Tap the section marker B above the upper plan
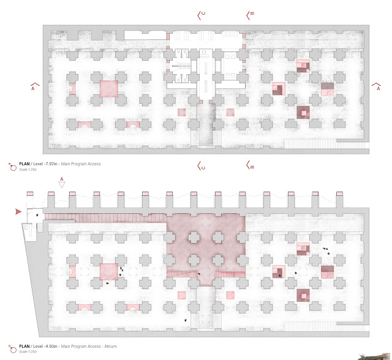[x=250, y=15]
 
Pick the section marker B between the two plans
[x=250, y=166]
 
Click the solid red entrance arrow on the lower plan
[x=18, y=211]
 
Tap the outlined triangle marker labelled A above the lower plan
[x=61, y=184]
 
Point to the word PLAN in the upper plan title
[x=24, y=164]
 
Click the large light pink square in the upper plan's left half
[x=108, y=88]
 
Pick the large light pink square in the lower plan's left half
[x=108, y=271]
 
